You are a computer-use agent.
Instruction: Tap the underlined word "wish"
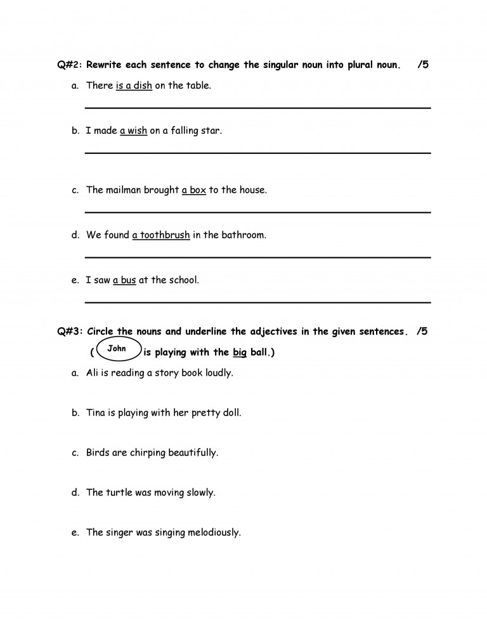pos(137,131)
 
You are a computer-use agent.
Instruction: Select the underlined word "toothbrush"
pos(165,235)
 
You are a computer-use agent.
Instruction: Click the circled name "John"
pos(117,349)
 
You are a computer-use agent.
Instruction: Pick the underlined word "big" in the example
pos(239,353)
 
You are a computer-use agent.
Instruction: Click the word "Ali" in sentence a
pos(93,373)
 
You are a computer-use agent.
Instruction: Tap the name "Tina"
pos(96,413)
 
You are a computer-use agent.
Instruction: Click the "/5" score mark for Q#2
pos(423,65)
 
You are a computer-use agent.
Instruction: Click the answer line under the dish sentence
pos(257,108)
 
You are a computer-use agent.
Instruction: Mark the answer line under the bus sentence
pos(257,302)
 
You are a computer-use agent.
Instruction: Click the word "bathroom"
pos(243,235)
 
